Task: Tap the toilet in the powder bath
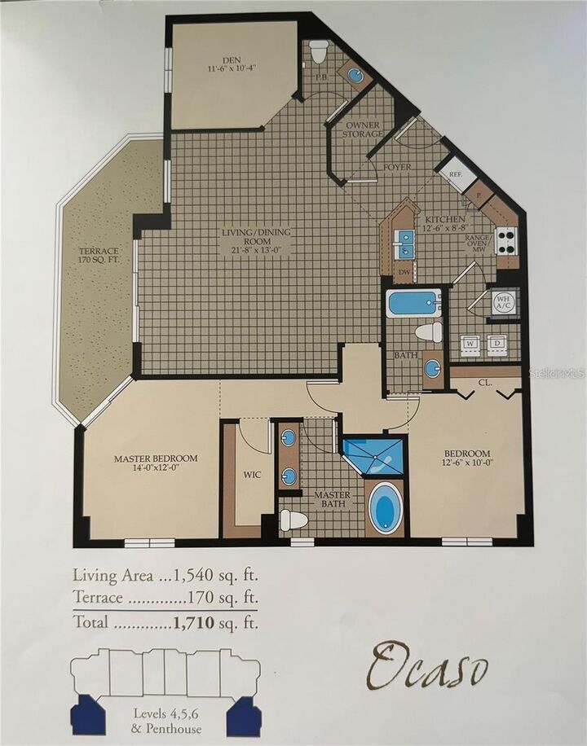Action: pos(319,50)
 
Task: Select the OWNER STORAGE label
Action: pos(361,130)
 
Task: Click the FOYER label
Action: pos(397,167)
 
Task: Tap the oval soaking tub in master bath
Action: pos(385,508)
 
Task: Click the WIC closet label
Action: pos(252,475)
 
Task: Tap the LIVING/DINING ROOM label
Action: pos(255,239)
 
